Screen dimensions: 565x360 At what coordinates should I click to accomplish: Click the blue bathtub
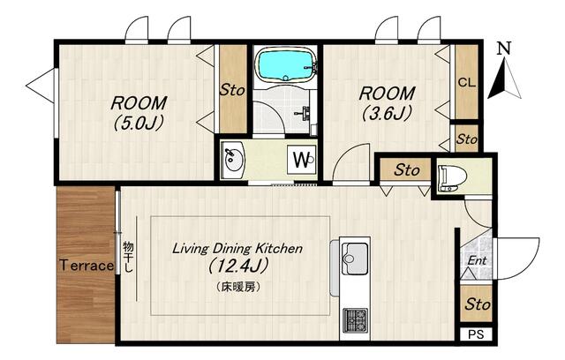point(286,65)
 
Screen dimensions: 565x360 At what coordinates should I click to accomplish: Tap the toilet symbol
point(452,177)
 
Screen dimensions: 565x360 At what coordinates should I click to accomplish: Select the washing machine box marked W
point(301,160)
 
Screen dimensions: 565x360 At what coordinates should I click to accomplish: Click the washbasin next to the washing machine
point(233,160)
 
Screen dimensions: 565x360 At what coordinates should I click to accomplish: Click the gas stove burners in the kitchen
point(355,320)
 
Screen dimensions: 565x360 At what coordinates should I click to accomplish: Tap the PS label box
point(476,334)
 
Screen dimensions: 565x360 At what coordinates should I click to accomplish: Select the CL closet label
point(467,82)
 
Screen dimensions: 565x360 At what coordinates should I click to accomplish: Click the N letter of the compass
point(504,49)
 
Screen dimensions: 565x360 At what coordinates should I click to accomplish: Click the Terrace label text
point(87,266)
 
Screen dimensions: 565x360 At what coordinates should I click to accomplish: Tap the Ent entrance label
point(477,260)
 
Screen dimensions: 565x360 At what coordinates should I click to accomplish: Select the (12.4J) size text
point(238,266)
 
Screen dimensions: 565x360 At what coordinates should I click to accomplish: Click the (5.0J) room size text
point(139,124)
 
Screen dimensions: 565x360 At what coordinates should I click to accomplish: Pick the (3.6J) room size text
point(387,114)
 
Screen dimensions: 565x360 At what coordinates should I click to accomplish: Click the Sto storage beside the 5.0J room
point(232,90)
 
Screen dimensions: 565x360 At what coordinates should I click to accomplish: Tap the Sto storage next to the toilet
point(407,170)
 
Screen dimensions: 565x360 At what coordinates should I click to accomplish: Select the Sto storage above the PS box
point(478,304)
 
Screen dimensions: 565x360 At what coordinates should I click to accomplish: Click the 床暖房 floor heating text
point(238,287)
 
